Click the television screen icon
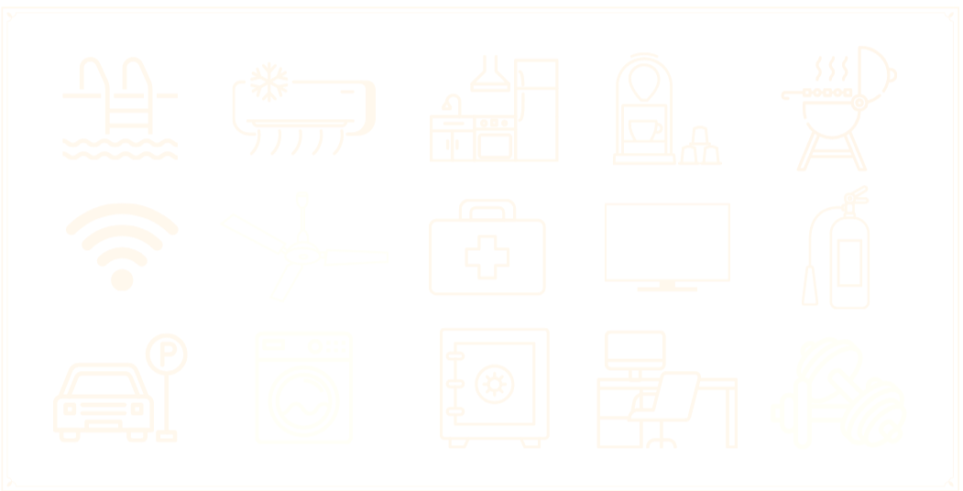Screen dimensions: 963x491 pyautogui.click(x=666, y=242)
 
